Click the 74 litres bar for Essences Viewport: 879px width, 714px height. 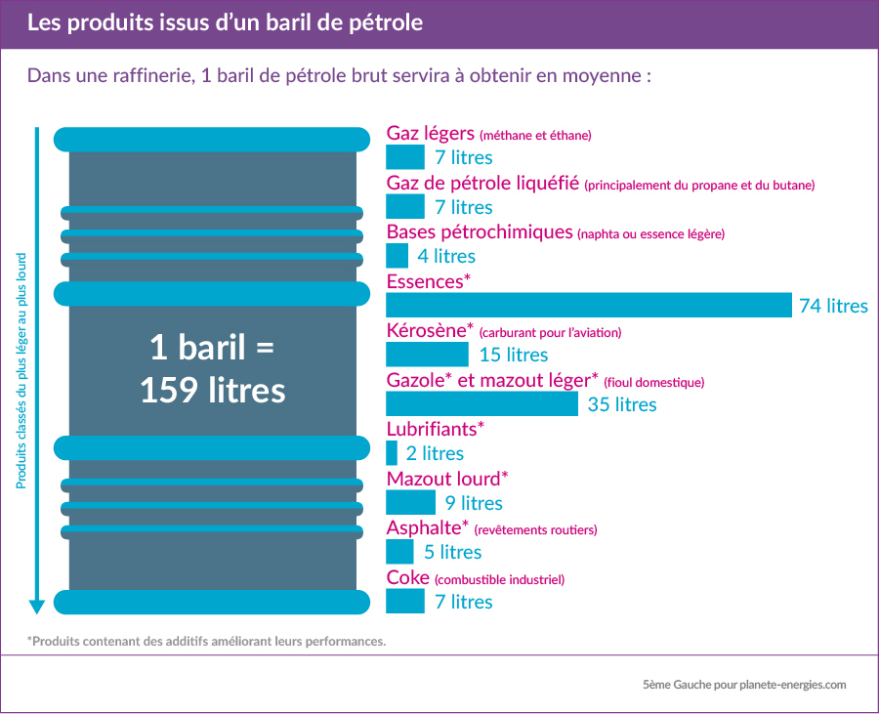pyautogui.click(x=589, y=305)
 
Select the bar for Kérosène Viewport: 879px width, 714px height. pyautogui.click(x=427, y=355)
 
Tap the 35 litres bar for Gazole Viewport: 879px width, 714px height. pyautogui.click(x=482, y=403)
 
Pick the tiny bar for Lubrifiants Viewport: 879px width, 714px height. pyautogui.click(x=392, y=453)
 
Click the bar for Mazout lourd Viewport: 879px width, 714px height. pyautogui.click(x=410, y=502)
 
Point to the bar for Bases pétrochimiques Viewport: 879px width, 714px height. pyautogui.click(x=398, y=256)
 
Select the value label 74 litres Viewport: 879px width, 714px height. pyautogui.click(x=833, y=306)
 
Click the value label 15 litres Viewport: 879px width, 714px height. pyautogui.click(x=514, y=356)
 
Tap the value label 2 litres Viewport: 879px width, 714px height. pyautogui.click(x=436, y=454)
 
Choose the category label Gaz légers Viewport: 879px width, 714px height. pyautogui.click(x=431, y=134)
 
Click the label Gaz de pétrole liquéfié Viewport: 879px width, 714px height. pyautogui.click(x=483, y=184)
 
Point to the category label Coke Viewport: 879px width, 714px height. pyautogui.click(x=408, y=577)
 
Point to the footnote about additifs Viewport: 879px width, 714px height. pyautogui.click(x=207, y=642)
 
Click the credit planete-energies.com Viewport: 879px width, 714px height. pyautogui.click(x=793, y=685)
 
